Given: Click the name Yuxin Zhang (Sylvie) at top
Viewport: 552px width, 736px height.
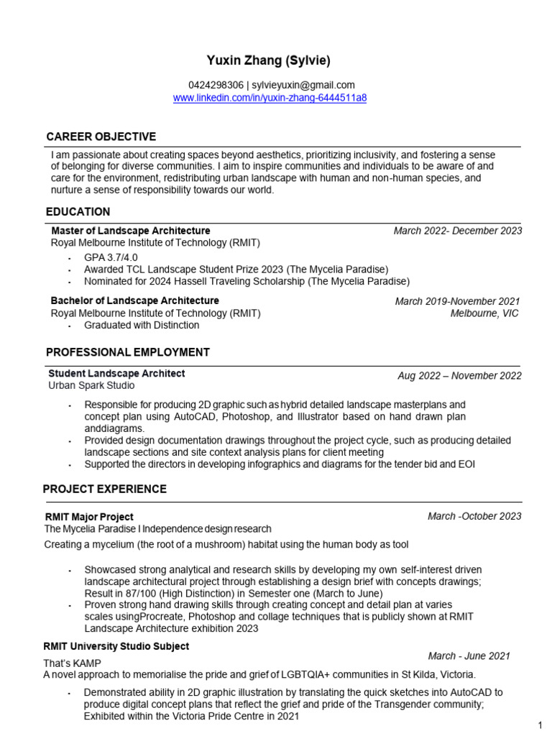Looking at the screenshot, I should pyautogui.click(x=270, y=60).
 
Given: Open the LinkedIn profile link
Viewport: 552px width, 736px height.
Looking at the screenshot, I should pyautogui.click(x=270, y=98).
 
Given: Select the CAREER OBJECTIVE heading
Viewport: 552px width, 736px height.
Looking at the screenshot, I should pyautogui.click(x=101, y=137).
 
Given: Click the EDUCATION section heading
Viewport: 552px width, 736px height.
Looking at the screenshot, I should pyautogui.click(x=78, y=212).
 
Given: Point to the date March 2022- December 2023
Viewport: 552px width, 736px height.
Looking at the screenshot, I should pyautogui.click(x=457, y=231).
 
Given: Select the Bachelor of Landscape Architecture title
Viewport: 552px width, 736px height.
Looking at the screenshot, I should pyautogui.click(x=135, y=300).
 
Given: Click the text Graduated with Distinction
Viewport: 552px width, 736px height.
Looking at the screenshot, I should pyautogui.click(x=142, y=325).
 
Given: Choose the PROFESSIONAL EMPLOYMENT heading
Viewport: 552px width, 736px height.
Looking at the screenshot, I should pyautogui.click(x=127, y=352).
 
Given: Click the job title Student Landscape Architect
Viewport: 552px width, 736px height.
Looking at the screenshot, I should pyautogui.click(x=116, y=374).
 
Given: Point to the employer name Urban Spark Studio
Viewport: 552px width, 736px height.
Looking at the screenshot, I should pyautogui.click(x=91, y=386).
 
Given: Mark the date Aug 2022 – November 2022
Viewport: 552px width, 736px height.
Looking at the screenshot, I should pyautogui.click(x=459, y=376).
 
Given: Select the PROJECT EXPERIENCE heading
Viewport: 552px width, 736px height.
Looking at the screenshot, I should pyautogui.click(x=105, y=489).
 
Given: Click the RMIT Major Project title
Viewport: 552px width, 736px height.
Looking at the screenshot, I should pyautogui.click(x=88, y=517).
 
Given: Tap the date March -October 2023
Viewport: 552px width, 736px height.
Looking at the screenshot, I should pyautogui.click(x=474, y=516).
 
